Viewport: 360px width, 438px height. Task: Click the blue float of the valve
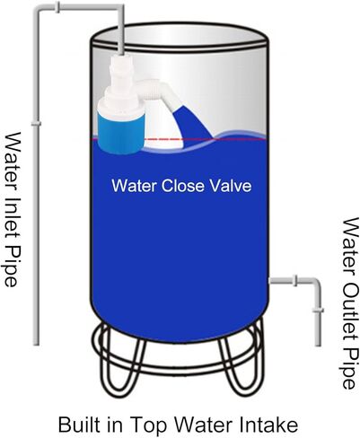(x=121, y=132)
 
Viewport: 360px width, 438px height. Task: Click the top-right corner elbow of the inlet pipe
(x=119, y=9)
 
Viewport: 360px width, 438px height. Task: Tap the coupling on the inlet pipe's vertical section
(x=36, y=124)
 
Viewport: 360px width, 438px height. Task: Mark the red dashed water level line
(x=180, y=139)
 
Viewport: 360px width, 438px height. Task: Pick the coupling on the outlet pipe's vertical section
(x=318, y=311)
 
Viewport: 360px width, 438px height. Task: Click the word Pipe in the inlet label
(x=11, y=266)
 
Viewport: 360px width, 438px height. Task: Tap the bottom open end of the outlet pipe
(x=318, y=344)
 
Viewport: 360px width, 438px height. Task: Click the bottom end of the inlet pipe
(x=36, y=343)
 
